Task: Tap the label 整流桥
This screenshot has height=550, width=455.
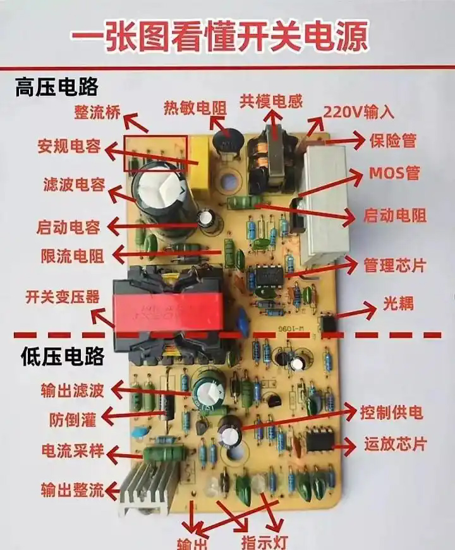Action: point(97,112)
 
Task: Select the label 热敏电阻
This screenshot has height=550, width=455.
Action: point(195,108)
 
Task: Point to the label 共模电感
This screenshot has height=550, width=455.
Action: point(271,102)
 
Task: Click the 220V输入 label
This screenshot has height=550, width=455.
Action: point(358,112)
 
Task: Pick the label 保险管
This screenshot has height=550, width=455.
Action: point(393,141)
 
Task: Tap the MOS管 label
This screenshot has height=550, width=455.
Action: point(394,173)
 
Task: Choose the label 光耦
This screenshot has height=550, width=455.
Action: point(398,304)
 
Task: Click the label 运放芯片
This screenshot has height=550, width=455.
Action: point(395,444)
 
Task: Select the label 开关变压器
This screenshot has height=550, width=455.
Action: point(63,297)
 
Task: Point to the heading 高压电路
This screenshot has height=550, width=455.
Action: point(56,87)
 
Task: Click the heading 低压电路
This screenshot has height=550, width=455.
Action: point(63,357)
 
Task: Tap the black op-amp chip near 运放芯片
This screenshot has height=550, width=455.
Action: point(320,439)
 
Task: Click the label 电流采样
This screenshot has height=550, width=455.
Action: point(73,451)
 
